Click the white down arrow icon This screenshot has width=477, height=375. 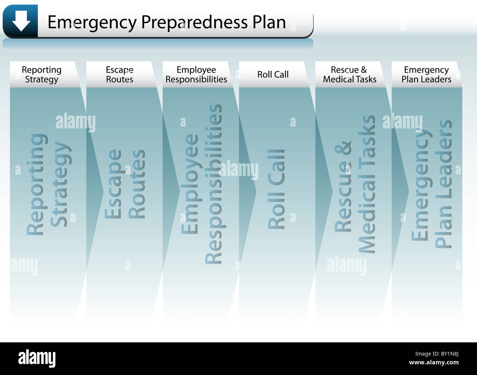click(x=21, y=21)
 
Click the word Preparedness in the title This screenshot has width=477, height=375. click(x=194, y=22)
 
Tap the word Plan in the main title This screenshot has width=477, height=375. click(x=269, y=22)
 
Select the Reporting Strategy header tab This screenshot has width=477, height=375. click(x=42, y=74)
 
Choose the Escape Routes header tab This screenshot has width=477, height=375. click(x=120, y=74)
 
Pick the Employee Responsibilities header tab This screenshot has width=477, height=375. click(x=196, y=74)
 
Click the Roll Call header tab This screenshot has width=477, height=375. click(x=273, y=74)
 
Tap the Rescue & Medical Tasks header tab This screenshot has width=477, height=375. click(x=350, y=74)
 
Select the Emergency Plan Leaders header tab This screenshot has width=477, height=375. click(x=426, y=74)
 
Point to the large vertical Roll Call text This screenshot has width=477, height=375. click(x=277, y=189)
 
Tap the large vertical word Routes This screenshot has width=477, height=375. click(x=137, y=184)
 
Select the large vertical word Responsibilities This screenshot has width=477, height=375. click(x=214, y=184)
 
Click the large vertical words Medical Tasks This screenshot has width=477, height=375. click(x=367, y=184)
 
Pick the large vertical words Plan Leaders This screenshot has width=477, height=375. click(x=443, y=184)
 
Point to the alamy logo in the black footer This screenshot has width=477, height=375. click(x=37, y=358)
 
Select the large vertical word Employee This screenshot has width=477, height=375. click(x=190, y=184)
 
